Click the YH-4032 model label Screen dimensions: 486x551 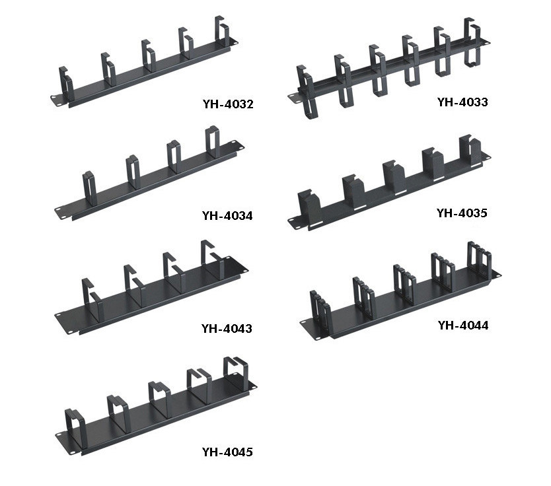pos(228,104)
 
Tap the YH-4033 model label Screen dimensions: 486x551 pos(462,102)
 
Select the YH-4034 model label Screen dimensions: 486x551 pos(227,215)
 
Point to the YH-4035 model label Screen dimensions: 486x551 pos(462,213)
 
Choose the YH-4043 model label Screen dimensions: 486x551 pos(227,328)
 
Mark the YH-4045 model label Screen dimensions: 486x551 pos(227,452)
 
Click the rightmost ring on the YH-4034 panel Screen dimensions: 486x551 pos(213,141)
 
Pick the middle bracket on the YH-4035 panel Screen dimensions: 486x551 pos(394,176)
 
